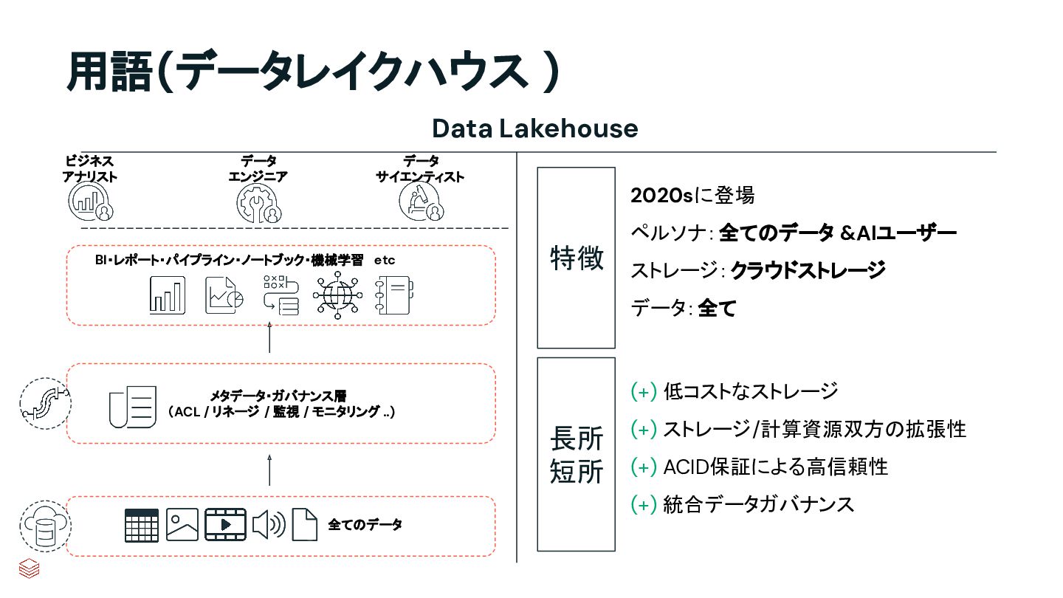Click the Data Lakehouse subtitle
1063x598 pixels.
pos(534,128)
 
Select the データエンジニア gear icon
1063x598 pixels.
pos(258,201)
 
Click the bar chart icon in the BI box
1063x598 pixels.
pos(168,295)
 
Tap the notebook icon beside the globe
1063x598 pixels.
pos(393,296)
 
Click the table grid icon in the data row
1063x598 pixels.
pos(141,526)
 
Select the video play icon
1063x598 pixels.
pos(224,525)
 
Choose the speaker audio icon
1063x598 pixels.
pos(269,525)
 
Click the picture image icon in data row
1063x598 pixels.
pos(182,525)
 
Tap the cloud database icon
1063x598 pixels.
pos(45,525)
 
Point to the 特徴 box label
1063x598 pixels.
pos(577,258)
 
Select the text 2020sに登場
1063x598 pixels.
pos(692,196)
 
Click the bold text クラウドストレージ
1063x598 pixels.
pos(808,271)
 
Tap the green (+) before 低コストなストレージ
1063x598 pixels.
pos(644,391)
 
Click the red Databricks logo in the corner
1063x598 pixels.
pos(29,569)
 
